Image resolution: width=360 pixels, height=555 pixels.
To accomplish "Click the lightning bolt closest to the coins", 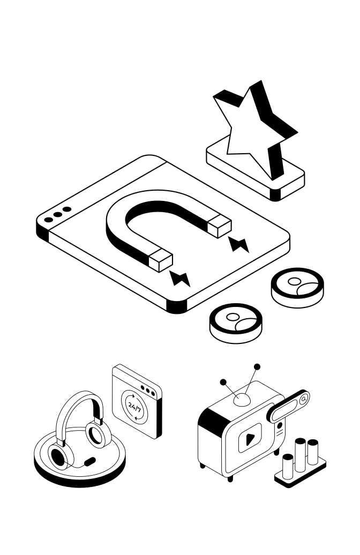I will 181,279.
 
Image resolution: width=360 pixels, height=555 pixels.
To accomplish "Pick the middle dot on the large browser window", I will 57,215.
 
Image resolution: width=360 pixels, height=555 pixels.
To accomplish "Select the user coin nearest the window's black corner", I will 236,322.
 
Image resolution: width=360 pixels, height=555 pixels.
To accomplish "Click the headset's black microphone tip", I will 91,460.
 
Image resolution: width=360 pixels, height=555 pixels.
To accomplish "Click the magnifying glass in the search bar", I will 303,399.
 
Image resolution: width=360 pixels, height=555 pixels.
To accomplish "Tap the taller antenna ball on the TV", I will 257,367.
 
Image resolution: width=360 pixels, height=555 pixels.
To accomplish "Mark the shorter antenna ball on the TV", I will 223,382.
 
